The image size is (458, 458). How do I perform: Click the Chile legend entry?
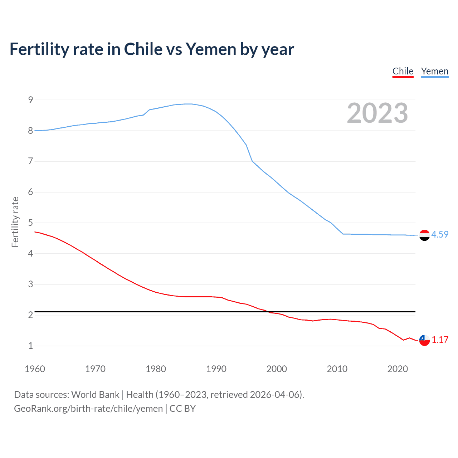pyautogui.click(x=403, y=71)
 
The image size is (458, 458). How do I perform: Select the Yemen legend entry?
pyautogui.click(x=434, y=71)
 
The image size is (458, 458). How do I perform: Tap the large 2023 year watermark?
pyautogui.click(x=377, y=113)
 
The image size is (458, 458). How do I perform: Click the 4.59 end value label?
pyautogui.click(x=440, y=234)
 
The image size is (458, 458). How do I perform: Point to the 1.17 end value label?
pyautogui.click(x=440, y=340)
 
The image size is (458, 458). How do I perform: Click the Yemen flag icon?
pyautogui.click(x=424, y=235)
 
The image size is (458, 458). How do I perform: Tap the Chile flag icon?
pyautogui.click(x=424, y=340)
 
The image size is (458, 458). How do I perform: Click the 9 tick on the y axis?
pyautogui.click(x=31, y=100)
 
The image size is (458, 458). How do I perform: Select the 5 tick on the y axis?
pyautogui.click(x=31, y=223)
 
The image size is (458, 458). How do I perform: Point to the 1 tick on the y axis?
pyautogui.click(x=31, y=346)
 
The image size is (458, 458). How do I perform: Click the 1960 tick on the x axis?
pyautogui.click(x=35, y=369)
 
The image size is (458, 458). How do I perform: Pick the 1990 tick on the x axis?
pyautogui.click(x=216, y=369)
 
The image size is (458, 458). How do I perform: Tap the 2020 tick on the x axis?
pyautogui.click(x=398, y=369)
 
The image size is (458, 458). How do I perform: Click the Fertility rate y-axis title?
pyautogui.click(x=15, y=222)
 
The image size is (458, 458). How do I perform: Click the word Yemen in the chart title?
pyautogui.click(x=211, y=49)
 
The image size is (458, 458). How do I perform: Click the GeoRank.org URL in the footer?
pyautogui.click(x=88, y=409)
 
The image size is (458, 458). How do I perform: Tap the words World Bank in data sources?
pyautogui.click(x=95, y=395)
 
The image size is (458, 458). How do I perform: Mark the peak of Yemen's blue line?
pyautogui.click(x=188, y=104)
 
